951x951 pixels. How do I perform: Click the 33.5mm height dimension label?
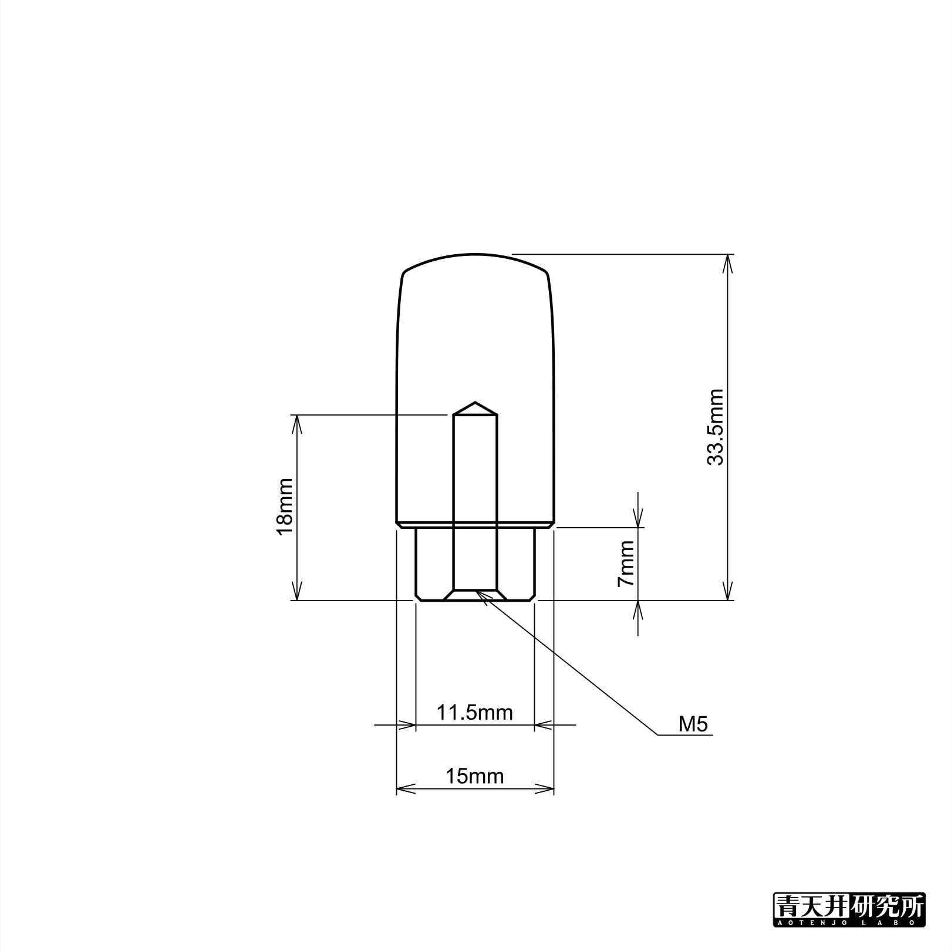point(716,427)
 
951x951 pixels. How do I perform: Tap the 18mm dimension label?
point(285,507)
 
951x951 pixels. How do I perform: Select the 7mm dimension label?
point(626,564)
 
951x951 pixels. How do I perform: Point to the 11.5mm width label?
point(474,713)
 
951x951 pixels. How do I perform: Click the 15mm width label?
point(474,777)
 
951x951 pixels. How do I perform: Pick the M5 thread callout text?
point(693,724)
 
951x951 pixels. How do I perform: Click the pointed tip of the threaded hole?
point(475,403)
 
